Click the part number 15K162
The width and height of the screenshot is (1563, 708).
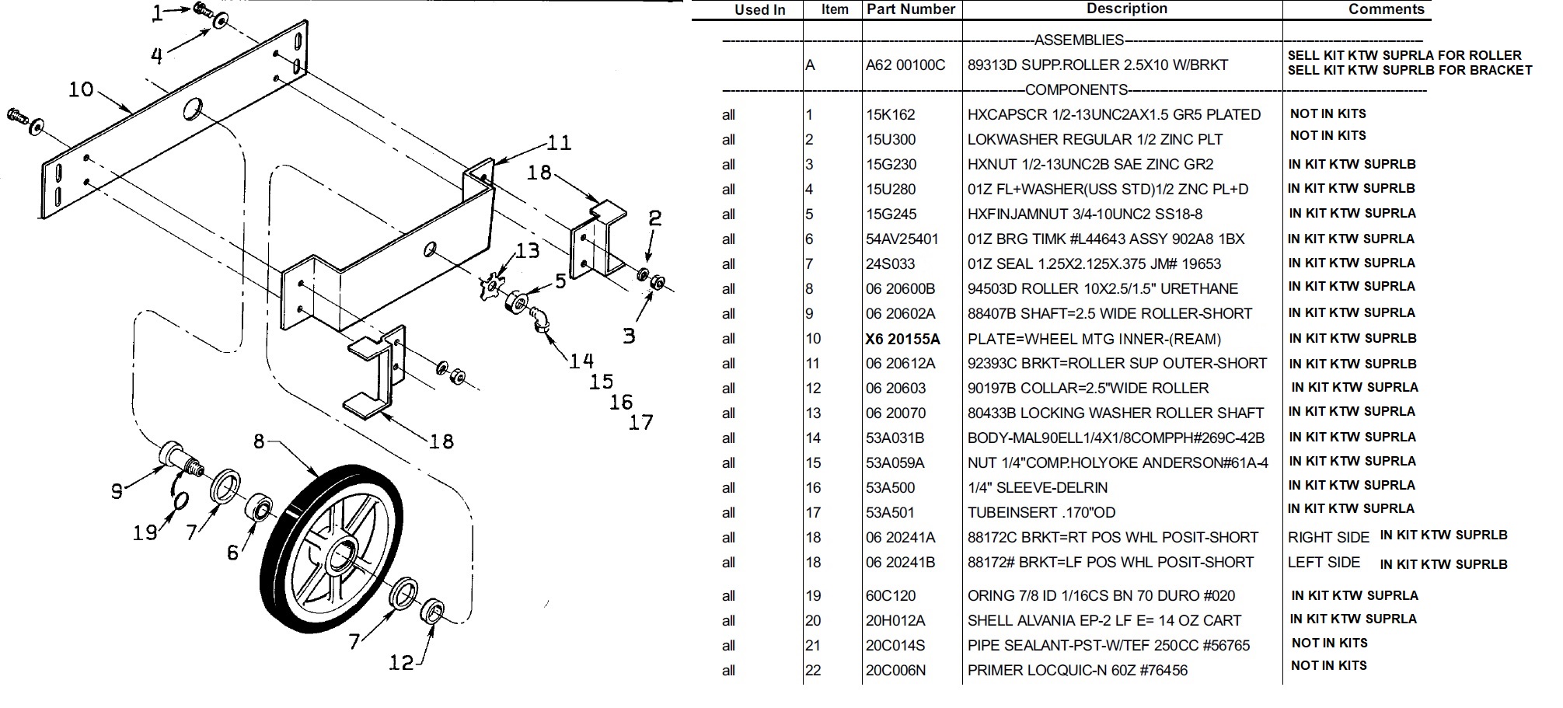click(x=890, y=115)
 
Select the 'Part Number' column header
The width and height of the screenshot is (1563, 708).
click(x=911, y=9)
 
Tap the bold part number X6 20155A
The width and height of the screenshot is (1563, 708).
click(x=902, y=339)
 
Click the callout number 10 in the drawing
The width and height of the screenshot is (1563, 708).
click(x=81, y=89)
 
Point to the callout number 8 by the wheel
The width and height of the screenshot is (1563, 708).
click(x=259, y=441)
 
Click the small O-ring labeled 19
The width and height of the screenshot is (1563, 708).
click(x=179, y=500)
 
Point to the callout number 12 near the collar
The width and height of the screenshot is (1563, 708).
click(x=401, y=663)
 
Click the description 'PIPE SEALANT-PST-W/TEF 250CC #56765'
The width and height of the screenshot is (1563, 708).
click(x=1108, y=646)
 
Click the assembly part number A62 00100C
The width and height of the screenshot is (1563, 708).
click(x=905, y=65)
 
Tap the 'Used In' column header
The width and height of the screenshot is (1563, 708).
click(x=759, y=10)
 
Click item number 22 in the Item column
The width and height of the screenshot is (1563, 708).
click(x=813, y=671)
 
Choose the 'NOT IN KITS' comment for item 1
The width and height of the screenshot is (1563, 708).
click(x=1328, y=113)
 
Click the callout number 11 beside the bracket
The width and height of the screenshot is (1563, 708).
click(x=559, y=143)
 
